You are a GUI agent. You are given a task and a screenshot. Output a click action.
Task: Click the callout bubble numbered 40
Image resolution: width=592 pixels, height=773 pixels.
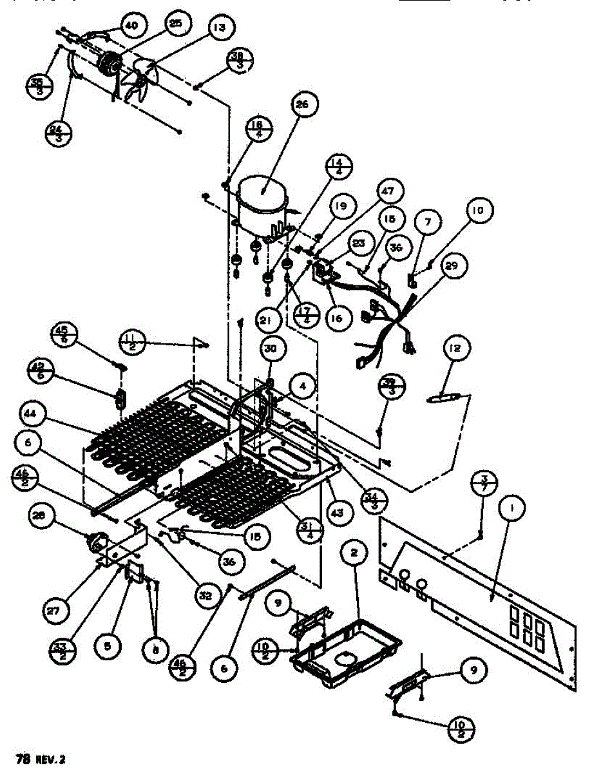click(131, 25)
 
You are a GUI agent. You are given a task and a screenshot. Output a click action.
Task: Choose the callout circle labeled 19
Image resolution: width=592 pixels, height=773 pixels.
click(340, 207)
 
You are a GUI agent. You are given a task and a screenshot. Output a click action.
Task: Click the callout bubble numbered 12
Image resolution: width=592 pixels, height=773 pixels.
click(454, 349)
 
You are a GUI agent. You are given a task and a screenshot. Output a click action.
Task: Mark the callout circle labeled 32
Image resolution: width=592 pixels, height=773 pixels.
click(205, 596)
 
